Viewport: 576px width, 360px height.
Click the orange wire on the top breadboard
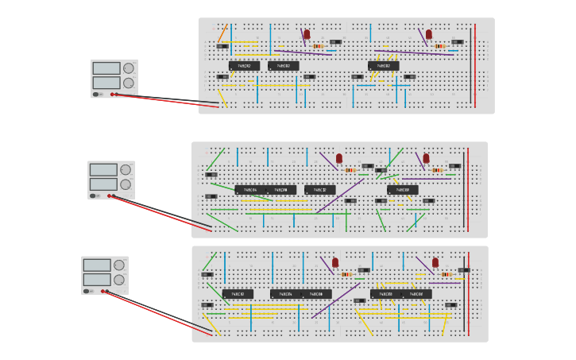click(x=222, y=33)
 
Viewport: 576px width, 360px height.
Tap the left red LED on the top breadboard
click(x=307, y=34)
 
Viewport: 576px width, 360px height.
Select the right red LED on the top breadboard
click(x=429, y=34)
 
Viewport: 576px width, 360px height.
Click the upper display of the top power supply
click(x=106, y=68)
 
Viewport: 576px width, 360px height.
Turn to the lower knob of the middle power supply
click(x=126, y=184)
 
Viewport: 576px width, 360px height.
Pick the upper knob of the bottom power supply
click(x=119, y=265)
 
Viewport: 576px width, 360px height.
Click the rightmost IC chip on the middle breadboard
click(x=402, y=190)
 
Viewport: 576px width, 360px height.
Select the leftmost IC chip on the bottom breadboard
click(x=238, y=294)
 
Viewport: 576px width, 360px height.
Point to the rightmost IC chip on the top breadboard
click(x=383, y=66)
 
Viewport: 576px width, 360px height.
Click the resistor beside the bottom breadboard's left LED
click(x=346, y=274)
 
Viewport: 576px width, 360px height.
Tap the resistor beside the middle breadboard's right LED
click(x=437, y=170)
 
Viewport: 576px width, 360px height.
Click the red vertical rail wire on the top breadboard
click(x=475, y=65)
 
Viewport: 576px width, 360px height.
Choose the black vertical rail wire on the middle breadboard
click(x=465, y=188)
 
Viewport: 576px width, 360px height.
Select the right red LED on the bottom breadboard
click(x=435, y=262)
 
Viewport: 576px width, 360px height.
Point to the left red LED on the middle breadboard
click(x=339, y=158)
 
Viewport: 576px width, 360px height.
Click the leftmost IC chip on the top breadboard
click(x=244, y=66)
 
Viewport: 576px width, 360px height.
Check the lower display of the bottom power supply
click(x=97, y=280)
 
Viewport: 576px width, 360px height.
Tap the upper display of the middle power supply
click(x=103, y=169)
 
